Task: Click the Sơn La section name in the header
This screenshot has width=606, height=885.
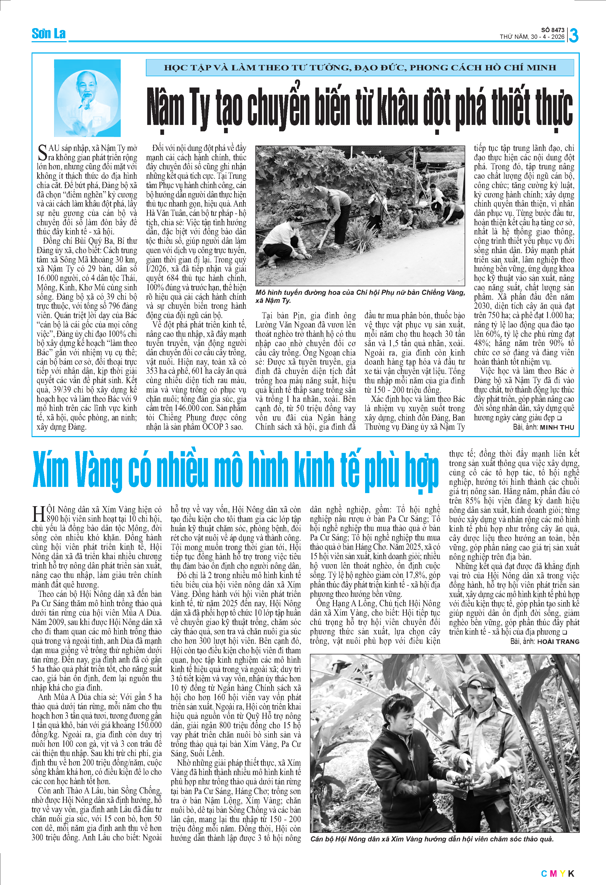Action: click(48, 34)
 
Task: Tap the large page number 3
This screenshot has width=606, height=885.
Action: click(573, 35)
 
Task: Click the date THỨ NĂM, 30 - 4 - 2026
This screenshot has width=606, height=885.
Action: click(532, 37)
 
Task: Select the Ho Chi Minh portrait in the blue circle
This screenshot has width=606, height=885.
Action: click(87, 98)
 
